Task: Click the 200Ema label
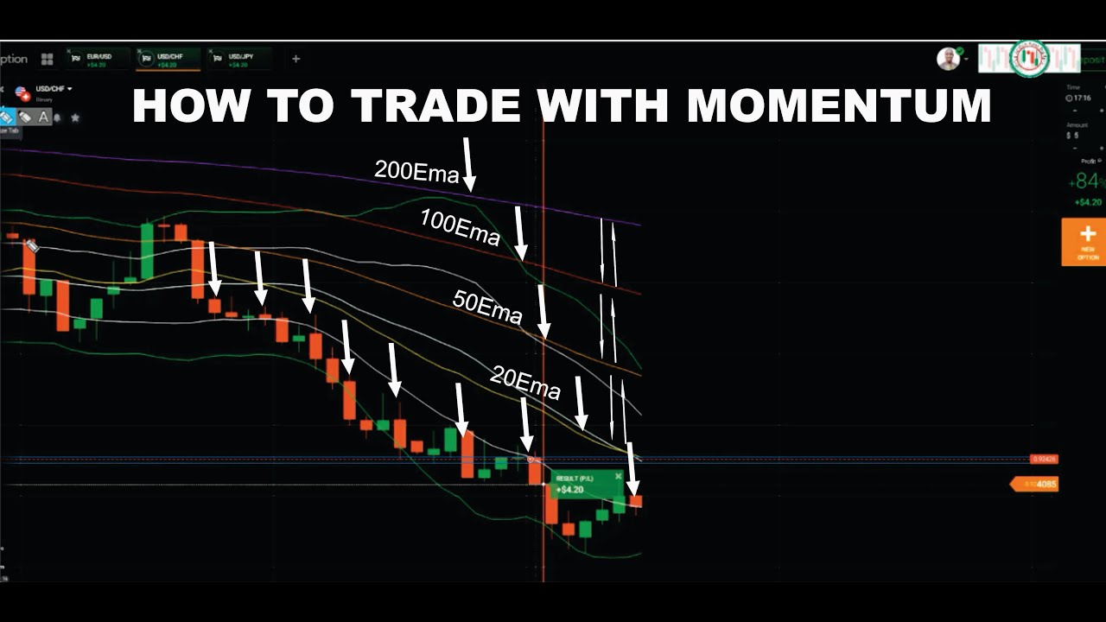tap(416, 171)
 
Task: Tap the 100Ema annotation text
tap(460, 227)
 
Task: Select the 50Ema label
tap(487, 308)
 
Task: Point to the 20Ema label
tap(525, 382)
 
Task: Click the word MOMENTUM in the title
tap(839, 105)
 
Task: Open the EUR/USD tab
tap(98, 60)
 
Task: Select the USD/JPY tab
tap(239, 60)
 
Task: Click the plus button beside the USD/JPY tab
tap(296, 59)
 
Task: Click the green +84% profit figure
tap(1086, 181)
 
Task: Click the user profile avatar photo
tap(948, 59)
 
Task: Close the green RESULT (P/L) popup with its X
tap(618, 476)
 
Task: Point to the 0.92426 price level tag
tap(1044, 459)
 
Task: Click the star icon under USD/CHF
tap(75, 117)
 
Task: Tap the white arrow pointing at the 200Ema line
tap(467, 163)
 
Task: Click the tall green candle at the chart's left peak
tap(147, 251)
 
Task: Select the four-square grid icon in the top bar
tap(47, 60)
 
